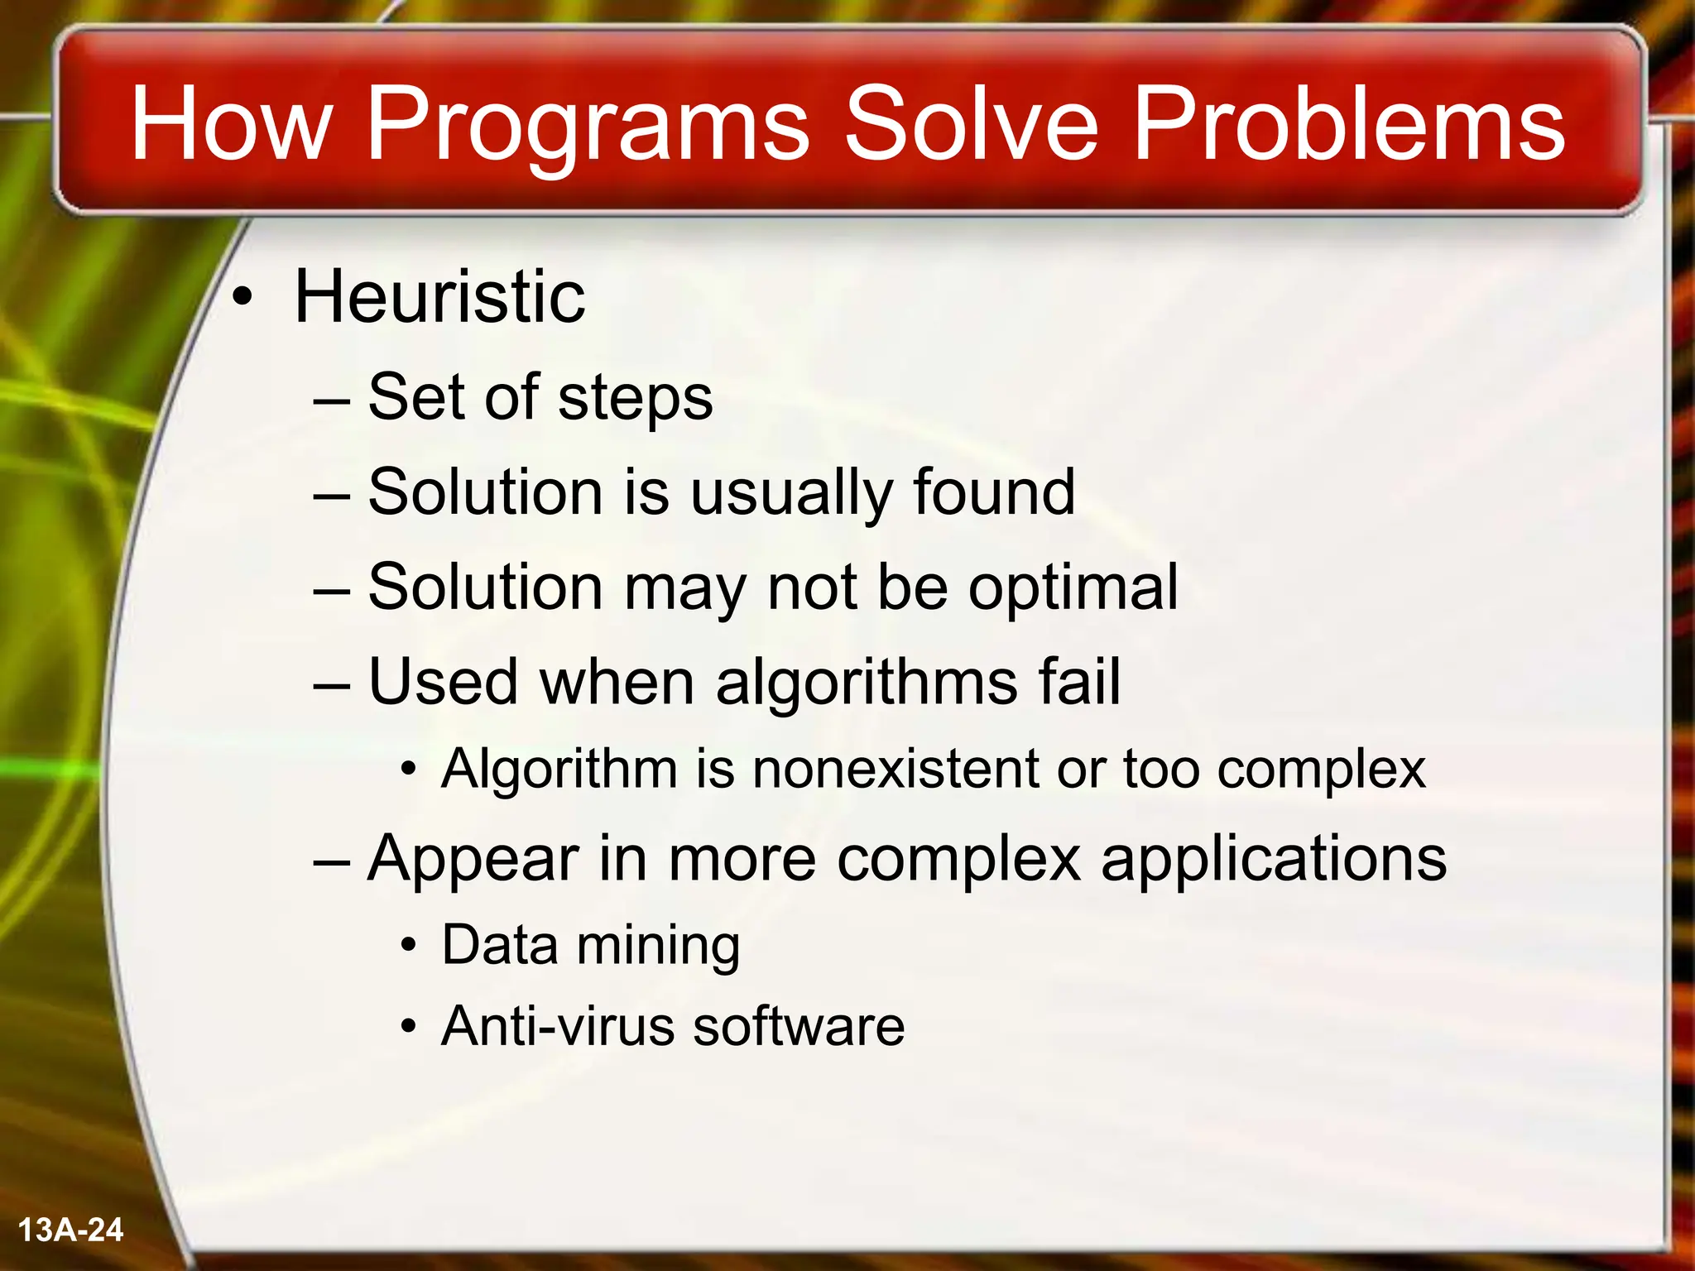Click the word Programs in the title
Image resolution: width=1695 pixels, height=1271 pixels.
coord(586,124)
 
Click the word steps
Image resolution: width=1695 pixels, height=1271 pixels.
coord(635,399)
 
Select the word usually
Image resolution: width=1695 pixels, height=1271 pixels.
coord(790,494)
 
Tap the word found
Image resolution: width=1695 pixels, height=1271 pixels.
coord(994,492)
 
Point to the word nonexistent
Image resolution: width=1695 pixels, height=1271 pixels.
coord(894,769)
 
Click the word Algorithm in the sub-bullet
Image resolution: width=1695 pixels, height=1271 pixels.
coord(559,770)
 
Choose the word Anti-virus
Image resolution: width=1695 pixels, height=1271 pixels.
coord(559,1027)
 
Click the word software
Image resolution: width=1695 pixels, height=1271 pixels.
coord(798,1027)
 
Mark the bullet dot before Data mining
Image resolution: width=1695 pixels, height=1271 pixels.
coord(408,947)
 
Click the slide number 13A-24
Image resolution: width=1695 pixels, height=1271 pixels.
coord(70,1230)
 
